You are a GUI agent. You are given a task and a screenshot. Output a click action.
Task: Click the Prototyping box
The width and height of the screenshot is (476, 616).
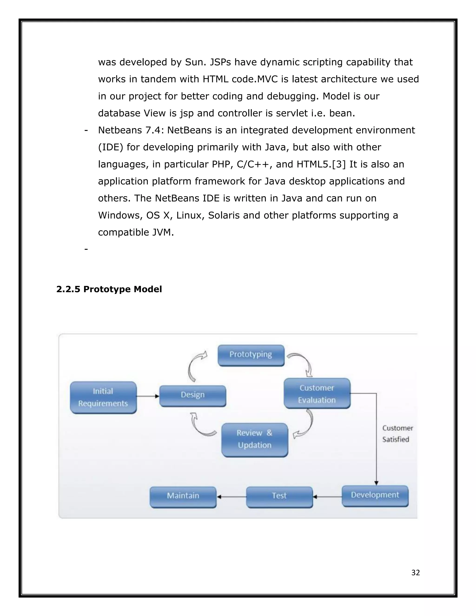[251, 355]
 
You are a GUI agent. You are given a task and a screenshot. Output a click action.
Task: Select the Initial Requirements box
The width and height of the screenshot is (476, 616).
[103, 397]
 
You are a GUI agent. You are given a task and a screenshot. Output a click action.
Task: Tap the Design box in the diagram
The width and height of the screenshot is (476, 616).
[193, 395]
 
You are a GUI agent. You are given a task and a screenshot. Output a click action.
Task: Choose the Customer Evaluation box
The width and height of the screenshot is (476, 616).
[317, 394]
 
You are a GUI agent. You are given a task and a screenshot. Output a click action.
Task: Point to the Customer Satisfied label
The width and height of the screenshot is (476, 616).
[397, 434]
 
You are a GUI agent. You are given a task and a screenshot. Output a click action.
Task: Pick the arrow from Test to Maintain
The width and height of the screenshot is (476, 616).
[231, 497]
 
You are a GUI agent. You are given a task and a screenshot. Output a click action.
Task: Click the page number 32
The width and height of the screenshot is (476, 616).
[415, 573]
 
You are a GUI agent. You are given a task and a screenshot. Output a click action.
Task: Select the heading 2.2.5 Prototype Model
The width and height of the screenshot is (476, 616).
[109, 289]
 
